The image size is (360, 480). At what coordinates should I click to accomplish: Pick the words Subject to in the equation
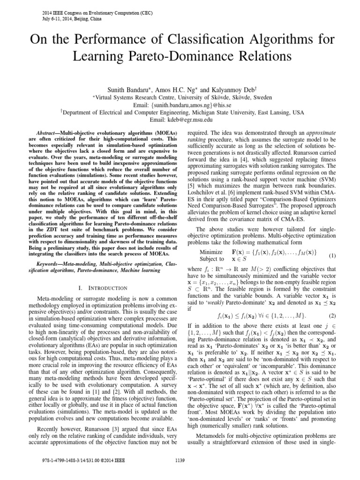pyautogui.click(x=211, y=259)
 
